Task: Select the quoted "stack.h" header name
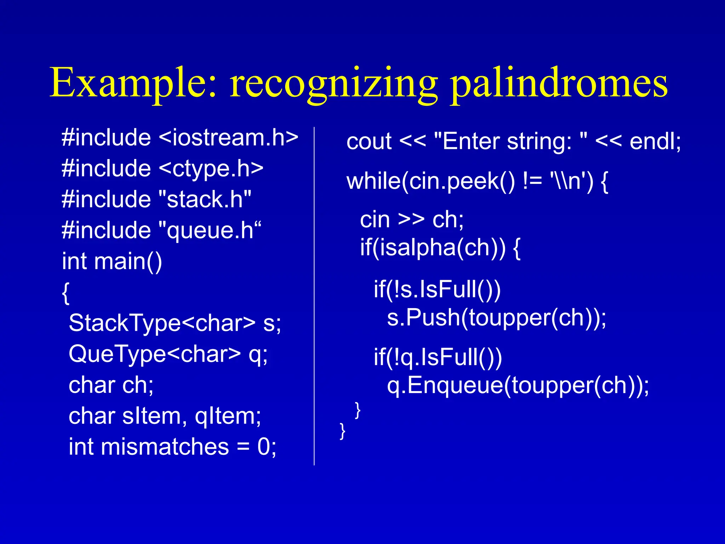click(x=205, y=199)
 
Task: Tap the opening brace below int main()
click(x=65, y=293)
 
